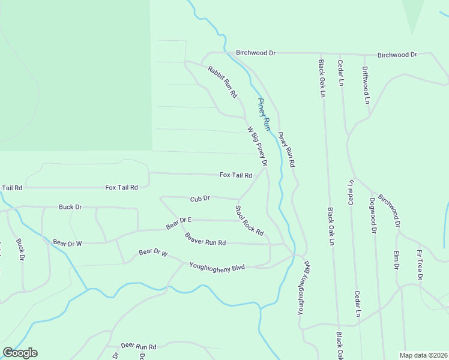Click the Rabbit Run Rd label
tap(223, 82)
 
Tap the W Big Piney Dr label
tap(256, 146)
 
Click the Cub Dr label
tap(200, 198)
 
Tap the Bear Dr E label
tap(178, 223)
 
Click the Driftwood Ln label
tap(365, 85)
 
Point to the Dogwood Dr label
tap(373, 214)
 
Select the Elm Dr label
tap(397, 259)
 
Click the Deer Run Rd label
tap(138, 346)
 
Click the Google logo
tap(20, 353)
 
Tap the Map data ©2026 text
tap(424, 355)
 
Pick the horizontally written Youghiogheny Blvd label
tap(217, 266)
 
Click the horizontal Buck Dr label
tap(70, 207)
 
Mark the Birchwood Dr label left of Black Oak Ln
tap(255, 53)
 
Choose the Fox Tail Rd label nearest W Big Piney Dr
tap(235, 175)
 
